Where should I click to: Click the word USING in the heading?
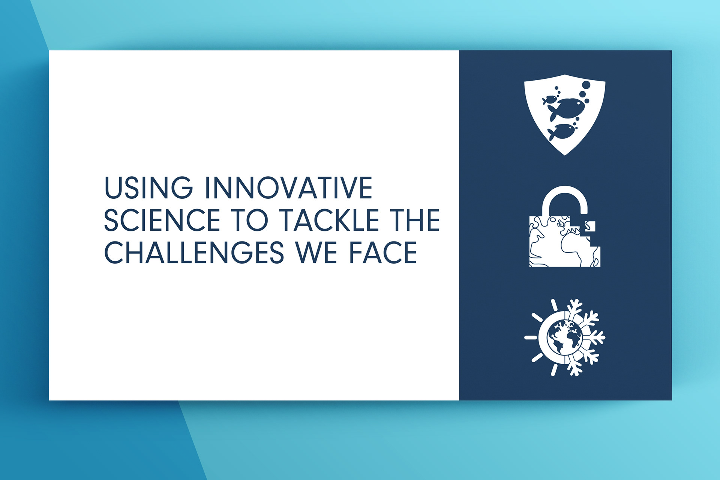click(148, 187)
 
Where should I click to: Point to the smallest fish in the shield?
click(550, 100)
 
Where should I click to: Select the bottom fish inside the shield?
click(561, 132)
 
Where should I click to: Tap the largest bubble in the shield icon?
click(586, 85)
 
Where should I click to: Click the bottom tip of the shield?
click(565, 155)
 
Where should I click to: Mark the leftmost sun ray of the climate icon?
click(531, 337)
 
